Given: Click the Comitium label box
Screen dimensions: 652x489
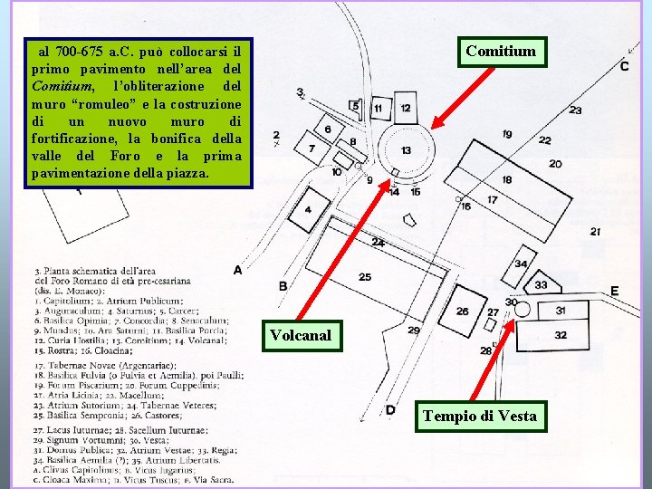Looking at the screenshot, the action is tap(501, 52).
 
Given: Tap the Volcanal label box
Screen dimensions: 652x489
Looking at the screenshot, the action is tap(300, 337).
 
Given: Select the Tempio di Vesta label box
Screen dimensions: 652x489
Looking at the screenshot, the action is tap(479, 417).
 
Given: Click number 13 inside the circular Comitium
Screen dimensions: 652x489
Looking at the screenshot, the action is tap(407, 150).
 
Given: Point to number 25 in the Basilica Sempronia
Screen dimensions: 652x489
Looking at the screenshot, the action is tap(364, 277).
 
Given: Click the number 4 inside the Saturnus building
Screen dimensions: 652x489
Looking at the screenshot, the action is tap(308, 210).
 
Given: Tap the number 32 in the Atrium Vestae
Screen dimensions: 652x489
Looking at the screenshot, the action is tap(561, 335).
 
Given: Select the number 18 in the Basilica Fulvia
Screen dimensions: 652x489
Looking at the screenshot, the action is tap(506, 180).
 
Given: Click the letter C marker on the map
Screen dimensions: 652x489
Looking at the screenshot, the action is tap(625, 66).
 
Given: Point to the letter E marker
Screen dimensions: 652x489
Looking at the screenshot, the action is tap(614, 291).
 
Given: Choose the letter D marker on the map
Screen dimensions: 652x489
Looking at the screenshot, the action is tap(390, 410).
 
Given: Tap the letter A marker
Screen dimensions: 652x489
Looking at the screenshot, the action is tap(237, 269).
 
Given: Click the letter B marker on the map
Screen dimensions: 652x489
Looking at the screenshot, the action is tap(283, 287).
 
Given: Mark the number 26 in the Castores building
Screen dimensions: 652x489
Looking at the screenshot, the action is tap(463, 312).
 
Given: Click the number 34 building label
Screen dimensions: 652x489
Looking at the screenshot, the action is tap(520, 264).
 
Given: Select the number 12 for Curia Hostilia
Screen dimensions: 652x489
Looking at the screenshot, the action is tap(405, 108).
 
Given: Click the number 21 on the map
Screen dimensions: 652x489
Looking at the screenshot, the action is tap(595, 232).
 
